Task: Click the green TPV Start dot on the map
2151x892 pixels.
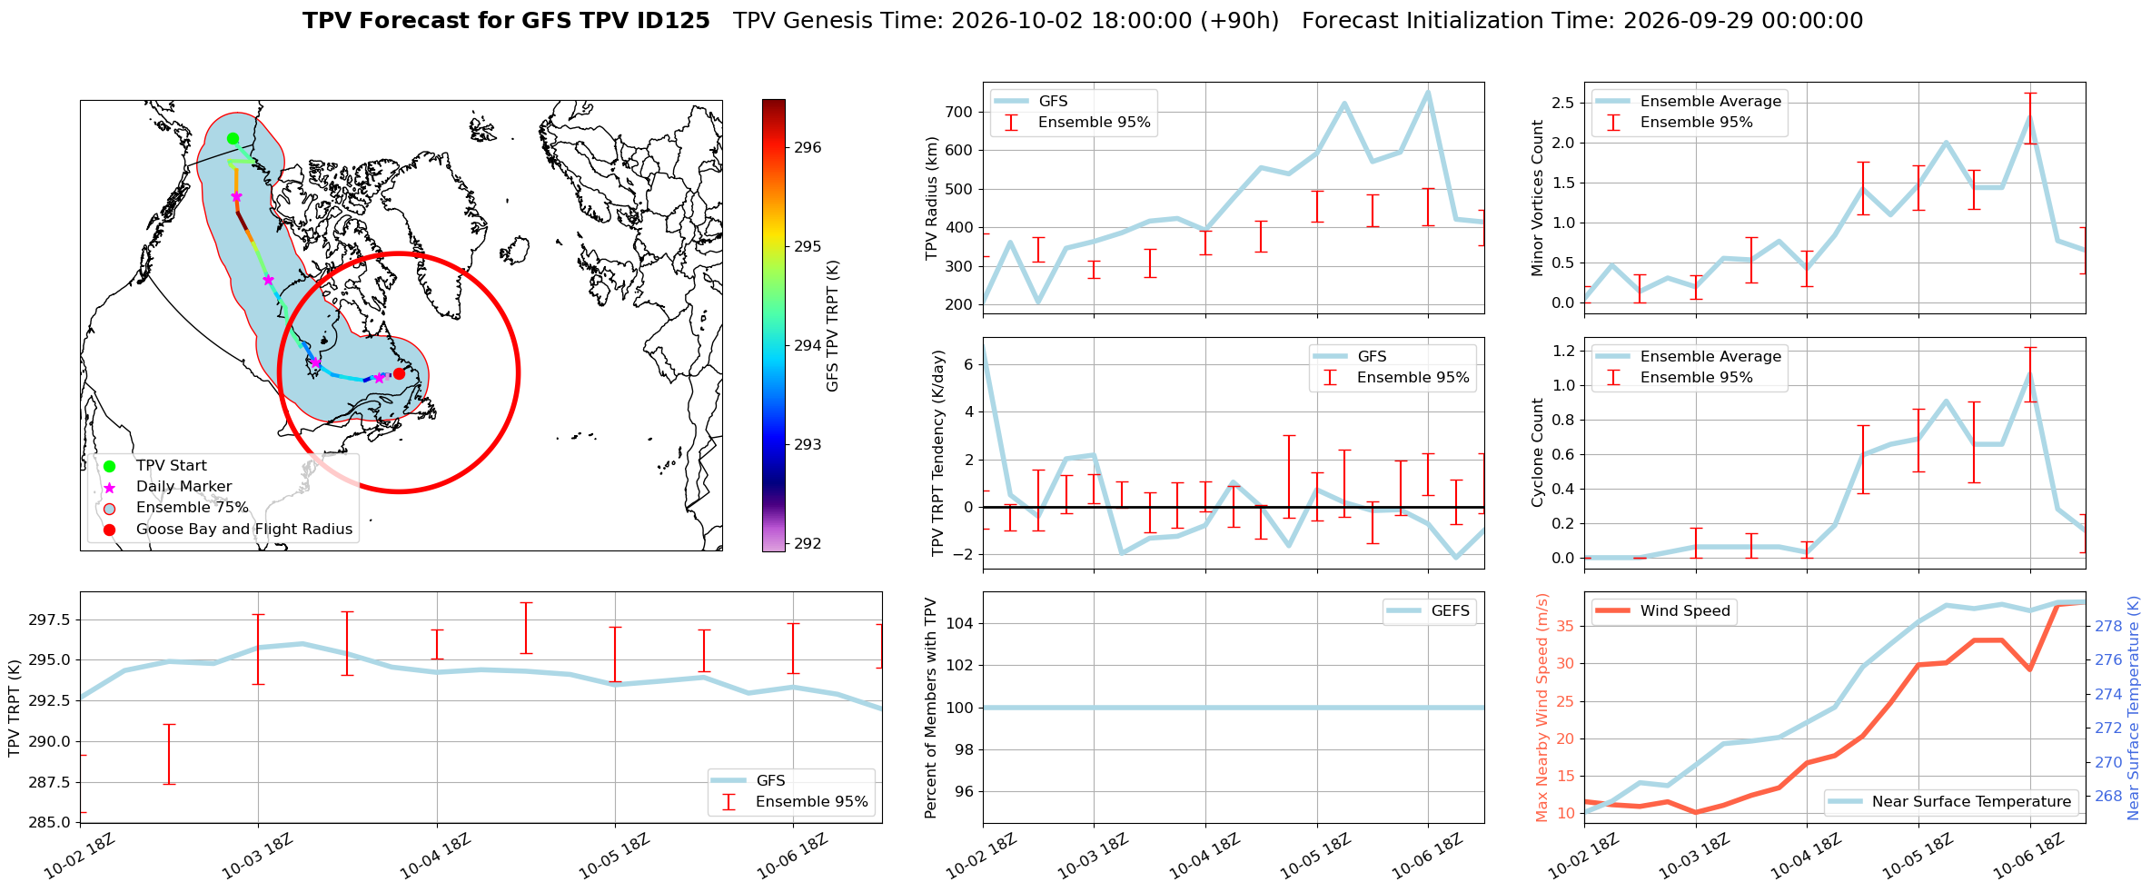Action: (x=233, y=139)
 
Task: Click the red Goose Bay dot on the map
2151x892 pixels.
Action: (x=399, y=373)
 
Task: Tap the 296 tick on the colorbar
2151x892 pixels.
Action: (x=808, y=147)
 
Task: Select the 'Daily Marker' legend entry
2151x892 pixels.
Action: (x=183, y=487)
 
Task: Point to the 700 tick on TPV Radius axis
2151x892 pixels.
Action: (x=960, y=112)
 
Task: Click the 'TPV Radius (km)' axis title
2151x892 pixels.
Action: (x=931, y=198)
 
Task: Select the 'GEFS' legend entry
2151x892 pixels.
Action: (x=1450, y=610)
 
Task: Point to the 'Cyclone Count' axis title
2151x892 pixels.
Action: (x=1537, y=452)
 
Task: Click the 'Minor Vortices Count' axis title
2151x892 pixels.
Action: (x=1537, y=198)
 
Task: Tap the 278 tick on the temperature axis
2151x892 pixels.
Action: (x=2108, y=626)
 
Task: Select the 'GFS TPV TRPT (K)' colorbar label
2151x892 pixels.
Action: (x=832, y=325)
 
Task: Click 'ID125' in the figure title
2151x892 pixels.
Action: (x=673, y=21)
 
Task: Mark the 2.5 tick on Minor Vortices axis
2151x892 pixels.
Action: (x=1562, y=103)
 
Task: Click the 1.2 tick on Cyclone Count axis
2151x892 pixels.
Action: (x=1562, y=351)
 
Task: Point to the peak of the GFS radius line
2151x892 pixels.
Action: (x=1428, y=92)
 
